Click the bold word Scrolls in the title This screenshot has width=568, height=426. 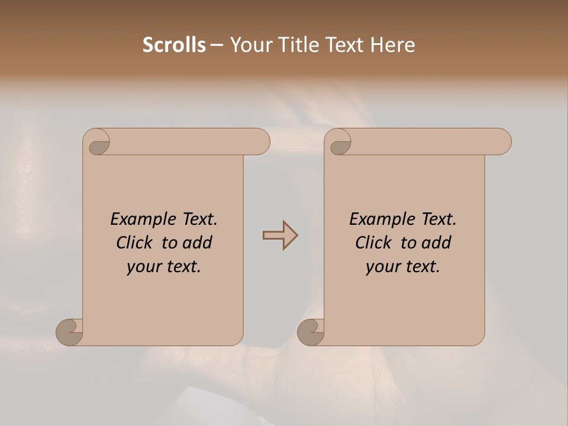174,45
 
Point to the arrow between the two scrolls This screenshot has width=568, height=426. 280,235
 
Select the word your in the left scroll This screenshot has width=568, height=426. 143,267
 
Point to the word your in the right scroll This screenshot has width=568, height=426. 382,267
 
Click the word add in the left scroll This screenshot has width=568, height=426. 198,243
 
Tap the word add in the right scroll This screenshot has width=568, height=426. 437,243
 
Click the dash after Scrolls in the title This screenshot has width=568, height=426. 217,45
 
